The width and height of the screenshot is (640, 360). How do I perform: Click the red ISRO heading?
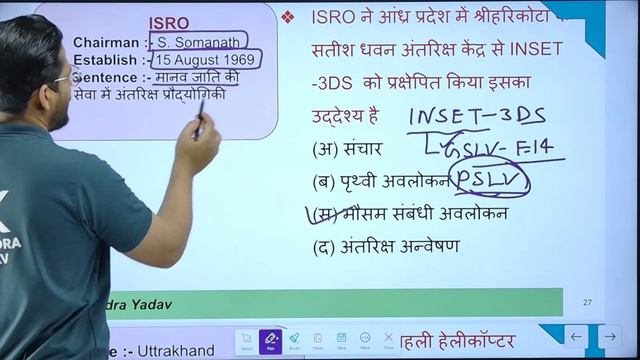click(x=169, y=23)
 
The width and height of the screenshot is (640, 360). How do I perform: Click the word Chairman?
click(x=108, y=43)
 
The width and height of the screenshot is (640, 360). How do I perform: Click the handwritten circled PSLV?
click(x=490, y=181)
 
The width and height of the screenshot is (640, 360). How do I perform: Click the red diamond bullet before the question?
click(x=288, y=17)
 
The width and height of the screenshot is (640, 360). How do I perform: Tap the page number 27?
click(x=587, y=302)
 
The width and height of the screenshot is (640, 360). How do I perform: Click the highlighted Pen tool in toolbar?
click(x=269, y=341)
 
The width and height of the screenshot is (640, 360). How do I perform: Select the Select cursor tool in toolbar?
click(x=246, y=341)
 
